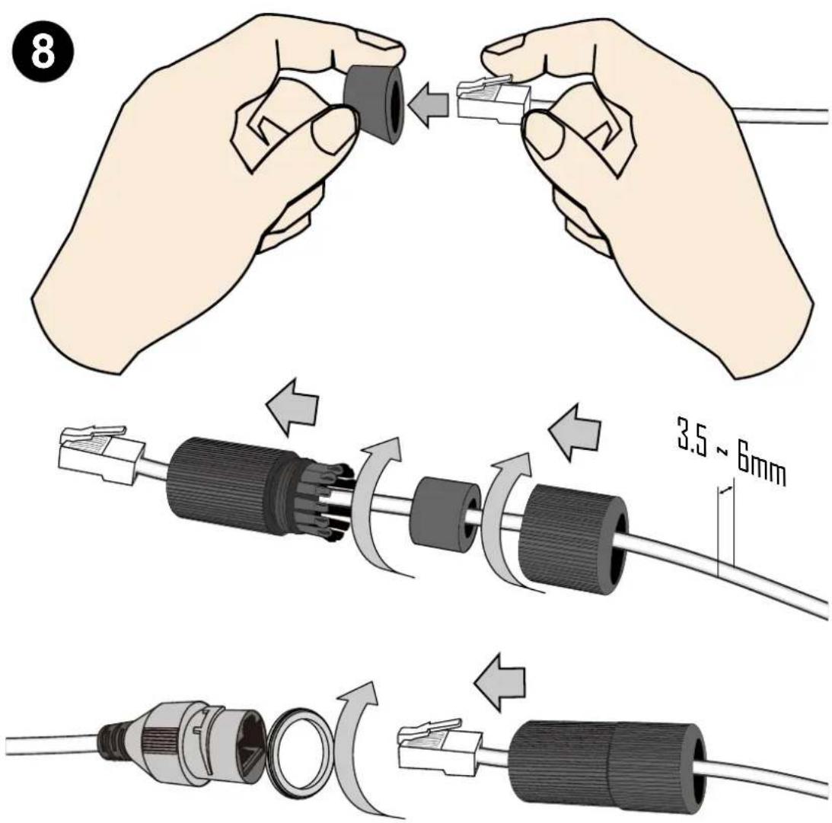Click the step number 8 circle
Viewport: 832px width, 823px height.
(42, 51)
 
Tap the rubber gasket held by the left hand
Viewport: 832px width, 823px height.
(375, 104)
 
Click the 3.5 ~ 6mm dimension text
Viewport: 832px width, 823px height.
(732, 452)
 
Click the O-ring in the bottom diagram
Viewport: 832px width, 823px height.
(299, 751)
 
